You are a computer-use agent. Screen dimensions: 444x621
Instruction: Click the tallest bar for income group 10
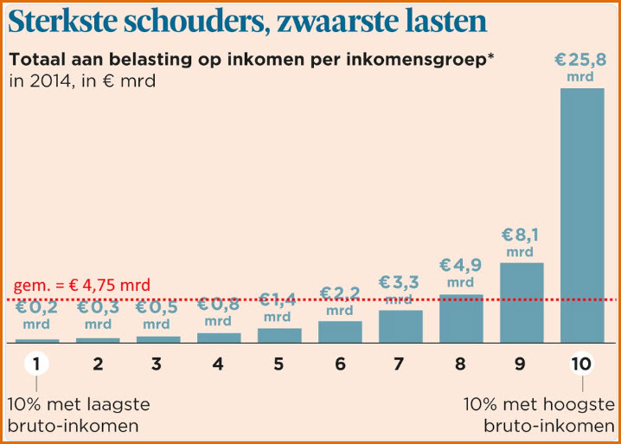[x=582, y=215]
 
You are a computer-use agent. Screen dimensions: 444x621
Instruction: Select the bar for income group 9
[x=522, y=302]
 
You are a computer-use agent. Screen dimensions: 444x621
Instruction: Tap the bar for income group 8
[x=461, y=318]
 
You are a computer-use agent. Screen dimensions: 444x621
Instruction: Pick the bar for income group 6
[x=340, y=331]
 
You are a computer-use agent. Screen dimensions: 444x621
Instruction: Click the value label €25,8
[x=581, y=61]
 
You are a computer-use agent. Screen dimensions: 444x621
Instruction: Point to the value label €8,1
[x=520, y=235]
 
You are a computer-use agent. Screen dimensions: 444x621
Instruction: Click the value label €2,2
[x=340, y=293]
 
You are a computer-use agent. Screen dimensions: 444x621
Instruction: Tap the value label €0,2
[x=37, y=307]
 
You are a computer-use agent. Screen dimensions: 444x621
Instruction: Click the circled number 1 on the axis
[x=36, y=364]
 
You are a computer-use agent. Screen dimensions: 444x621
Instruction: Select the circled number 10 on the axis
[x=582, y=364]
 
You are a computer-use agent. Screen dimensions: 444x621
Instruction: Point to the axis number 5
[x=278, y=364]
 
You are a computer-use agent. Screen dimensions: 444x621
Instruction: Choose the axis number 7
[x=400, y=364]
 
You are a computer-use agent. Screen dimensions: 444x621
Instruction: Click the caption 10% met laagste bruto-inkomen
[x=79, y=415]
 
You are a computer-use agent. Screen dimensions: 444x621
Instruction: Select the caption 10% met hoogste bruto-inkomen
[x=537, y=415]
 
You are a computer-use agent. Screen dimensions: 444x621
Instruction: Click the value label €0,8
[x=218, y=304]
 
